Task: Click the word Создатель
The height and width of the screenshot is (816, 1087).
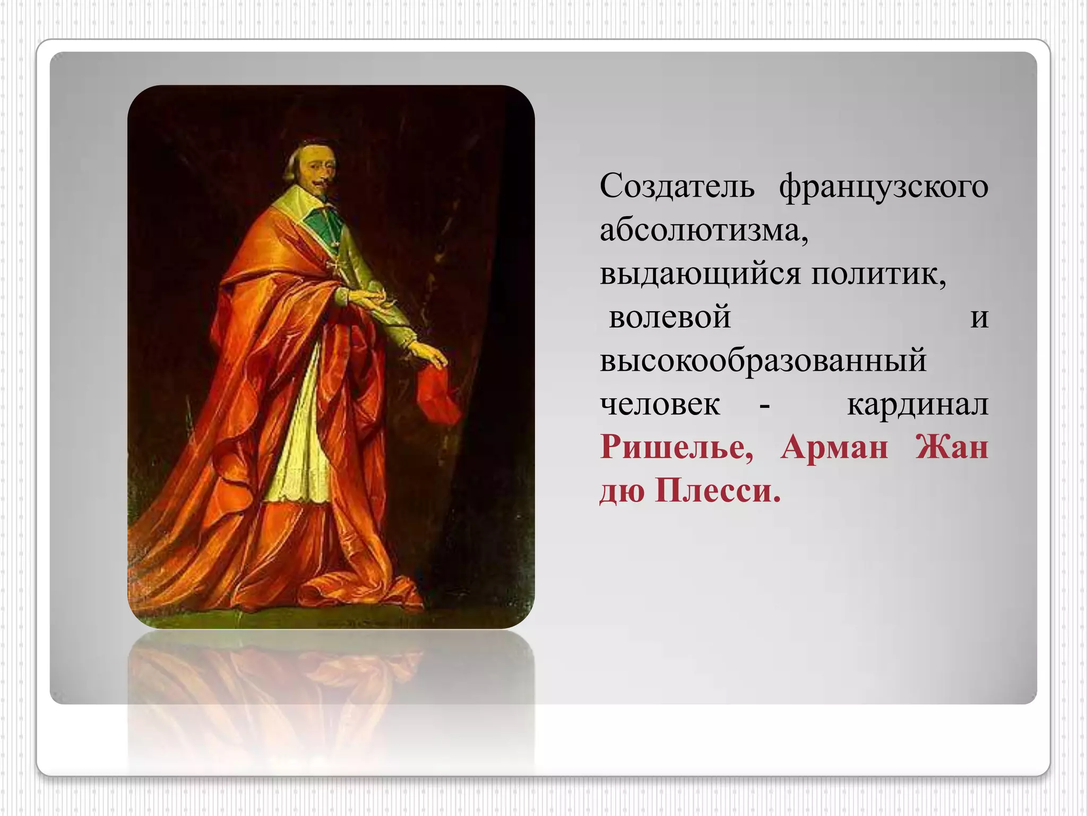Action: (x=677, y=187)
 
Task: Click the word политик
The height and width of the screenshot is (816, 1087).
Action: (x=878, y=275)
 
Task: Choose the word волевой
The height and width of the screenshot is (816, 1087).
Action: (x=670, y=318)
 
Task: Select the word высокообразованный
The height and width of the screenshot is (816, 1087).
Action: (x=763, y=361)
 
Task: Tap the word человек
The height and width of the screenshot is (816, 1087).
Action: (x=660, y=405)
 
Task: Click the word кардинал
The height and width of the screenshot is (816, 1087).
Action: (x=917, y=405)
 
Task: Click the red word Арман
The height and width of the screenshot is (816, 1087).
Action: (x=834, y=448)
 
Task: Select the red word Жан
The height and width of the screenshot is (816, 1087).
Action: (x=952, y=448)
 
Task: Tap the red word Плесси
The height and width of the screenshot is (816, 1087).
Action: (x=718, y=491)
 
